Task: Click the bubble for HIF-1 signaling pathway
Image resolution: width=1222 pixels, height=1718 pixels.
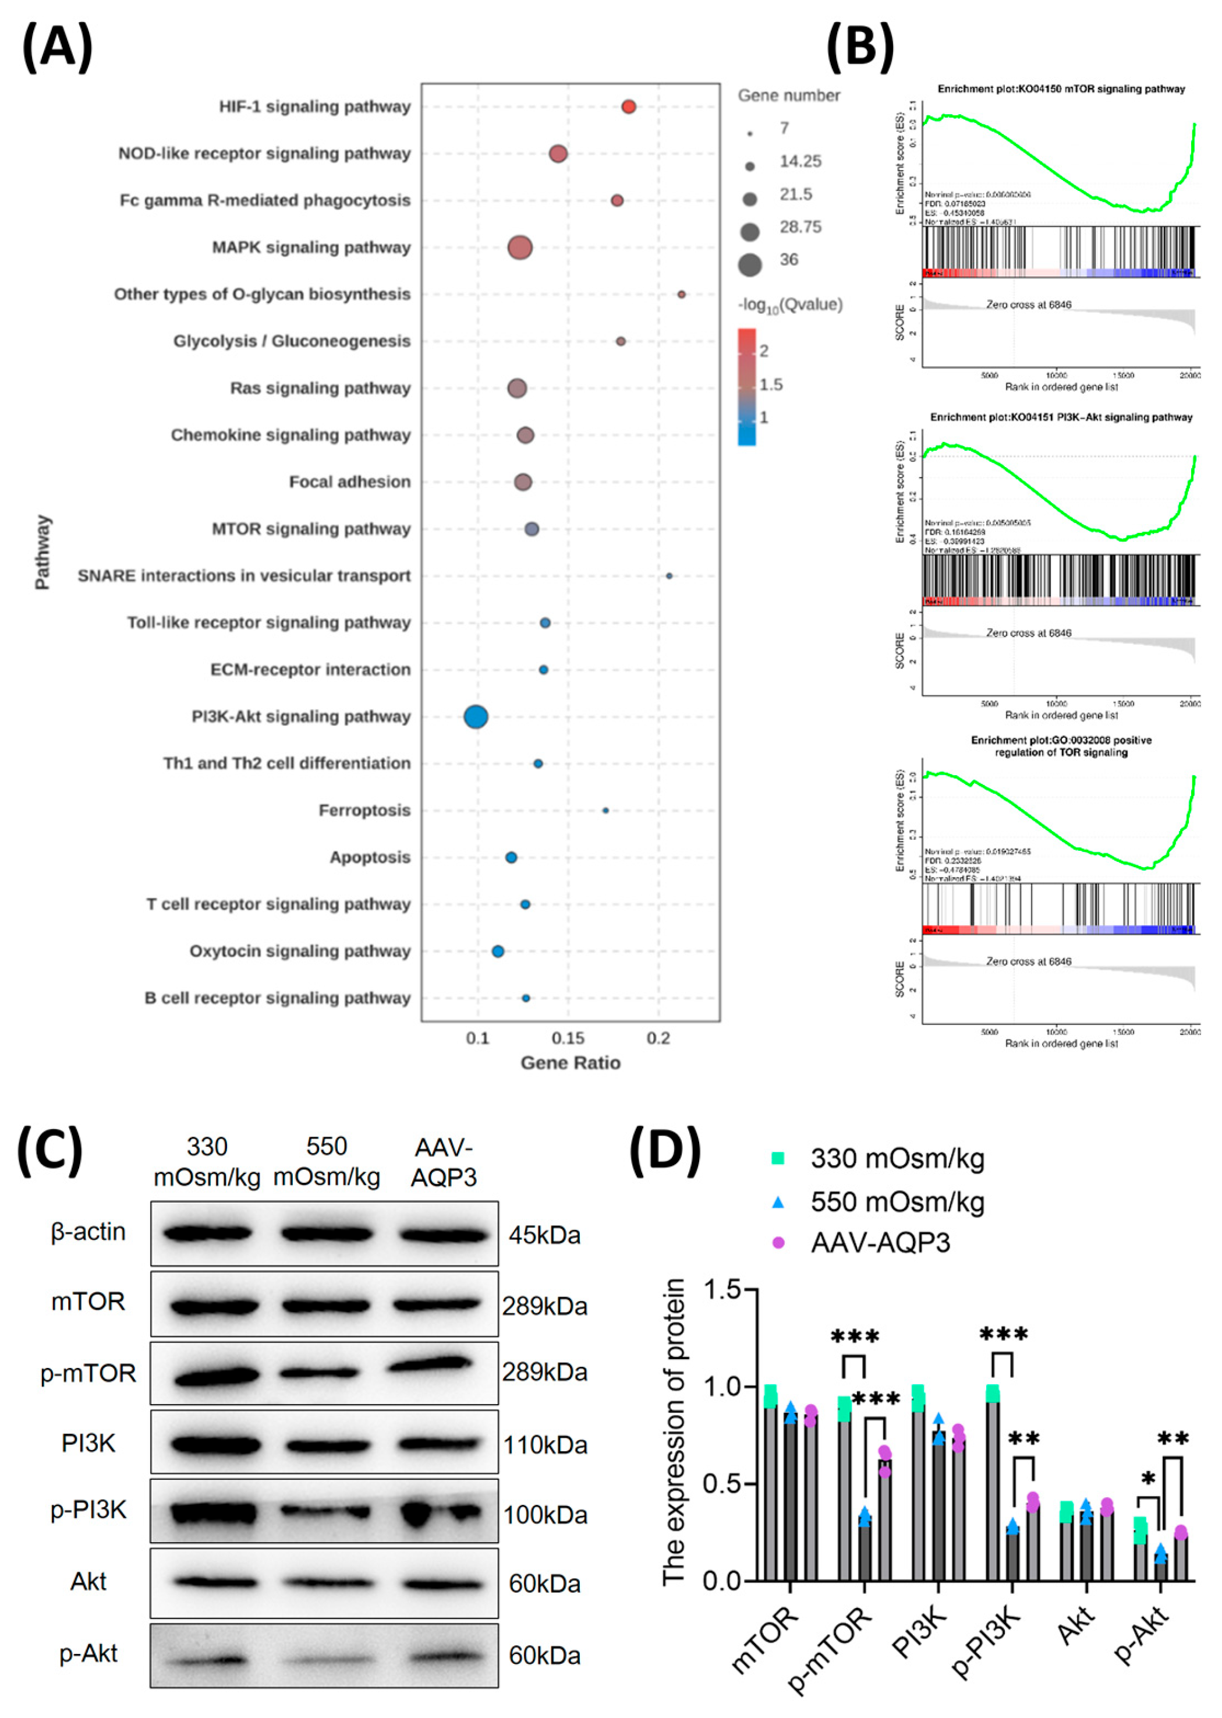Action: click(628, 107)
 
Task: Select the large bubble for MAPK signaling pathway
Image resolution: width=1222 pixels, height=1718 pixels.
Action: click(520, 248)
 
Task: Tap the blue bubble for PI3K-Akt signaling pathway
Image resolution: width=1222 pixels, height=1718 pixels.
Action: click(476, 716)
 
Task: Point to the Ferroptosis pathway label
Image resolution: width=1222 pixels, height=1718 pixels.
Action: click(364, 811)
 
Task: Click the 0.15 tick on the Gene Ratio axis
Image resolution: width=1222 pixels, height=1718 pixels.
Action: click(568, 1038)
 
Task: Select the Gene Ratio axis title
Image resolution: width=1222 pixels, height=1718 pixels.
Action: click(571, 1063)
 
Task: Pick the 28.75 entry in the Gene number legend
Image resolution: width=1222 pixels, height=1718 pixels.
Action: click(800, 227)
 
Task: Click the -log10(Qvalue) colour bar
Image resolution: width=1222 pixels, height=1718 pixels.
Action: click(746, 387)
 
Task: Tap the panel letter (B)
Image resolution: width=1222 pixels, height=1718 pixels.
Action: click(860, 47)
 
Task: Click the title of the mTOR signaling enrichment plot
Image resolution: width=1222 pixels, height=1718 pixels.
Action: click(1061, 89)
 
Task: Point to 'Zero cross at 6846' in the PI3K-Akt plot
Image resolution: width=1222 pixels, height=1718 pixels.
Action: click(1029, 633)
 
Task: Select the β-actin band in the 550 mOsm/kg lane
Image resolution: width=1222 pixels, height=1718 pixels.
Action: click(326, 1234)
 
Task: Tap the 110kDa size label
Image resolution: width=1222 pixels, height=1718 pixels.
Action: click(545, 1445)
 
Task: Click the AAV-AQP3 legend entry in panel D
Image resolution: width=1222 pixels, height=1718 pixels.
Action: click(880, 1242)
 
